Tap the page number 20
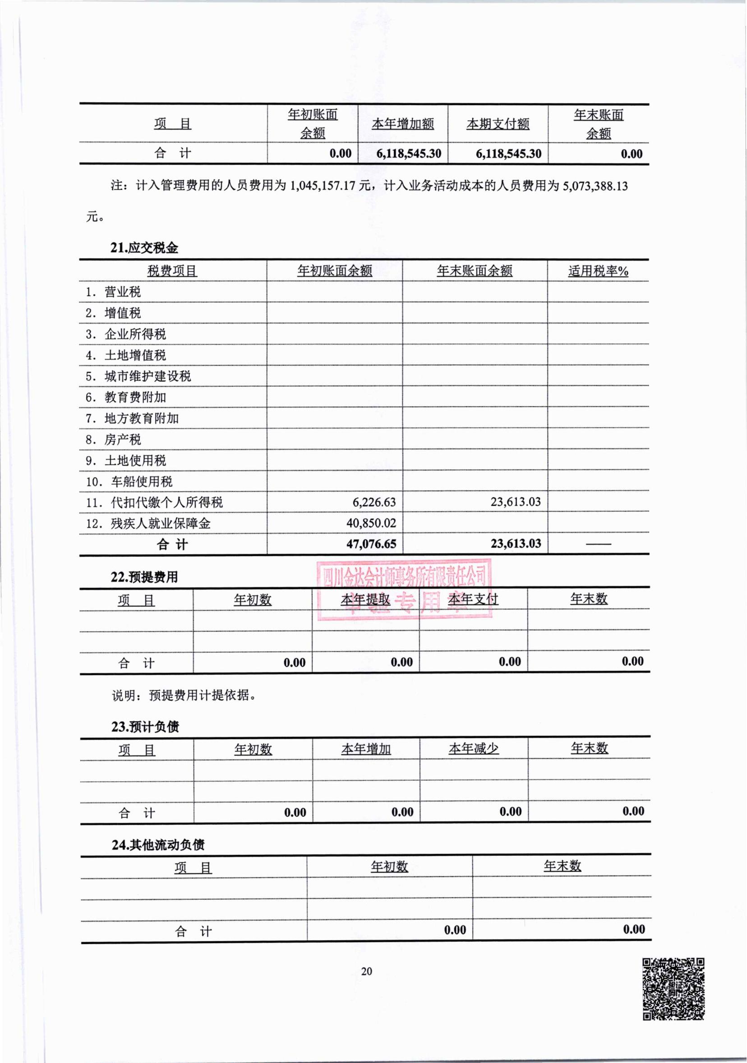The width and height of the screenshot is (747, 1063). pyautogui.click(x=366, y=971)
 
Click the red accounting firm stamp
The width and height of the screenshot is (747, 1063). pyautogui.click(x=404, y=589)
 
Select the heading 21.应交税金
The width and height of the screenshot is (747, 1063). pyautogui.click(x=144, y=247)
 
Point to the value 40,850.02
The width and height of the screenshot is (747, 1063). pyautogui.click(x=371, y=523)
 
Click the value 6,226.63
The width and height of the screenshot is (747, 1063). pyautogui.click(x=374, y=502)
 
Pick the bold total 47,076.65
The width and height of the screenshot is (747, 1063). pyautogui.click(x=371, y=544)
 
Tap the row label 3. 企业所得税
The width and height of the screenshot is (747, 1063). pyautogui.click(x=125, y=334)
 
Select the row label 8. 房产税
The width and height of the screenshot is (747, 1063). pyautogui.click(x=113, y=440)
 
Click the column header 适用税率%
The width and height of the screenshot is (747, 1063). pyautogui.click(x=598, y=271)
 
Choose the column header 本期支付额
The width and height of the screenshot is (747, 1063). pyautogui.click(x=498, y=124)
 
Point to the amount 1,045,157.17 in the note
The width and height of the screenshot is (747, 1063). pyautogui.click(x=323, y=186)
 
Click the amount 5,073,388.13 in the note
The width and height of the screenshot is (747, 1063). pyautogui.click(x=595, y=186)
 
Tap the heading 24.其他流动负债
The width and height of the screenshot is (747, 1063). pyautogui.click(x=158, y=844)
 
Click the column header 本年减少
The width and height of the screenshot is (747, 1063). pyautogui.click(x=473, y=749)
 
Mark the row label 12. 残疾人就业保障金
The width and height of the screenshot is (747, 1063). pyautogui.click(x=148, y=523)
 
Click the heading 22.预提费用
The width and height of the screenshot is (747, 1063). pyautogui.click(x=144, y=577)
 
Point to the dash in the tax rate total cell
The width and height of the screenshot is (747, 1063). pyautogui.click(x=598, y=544)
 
